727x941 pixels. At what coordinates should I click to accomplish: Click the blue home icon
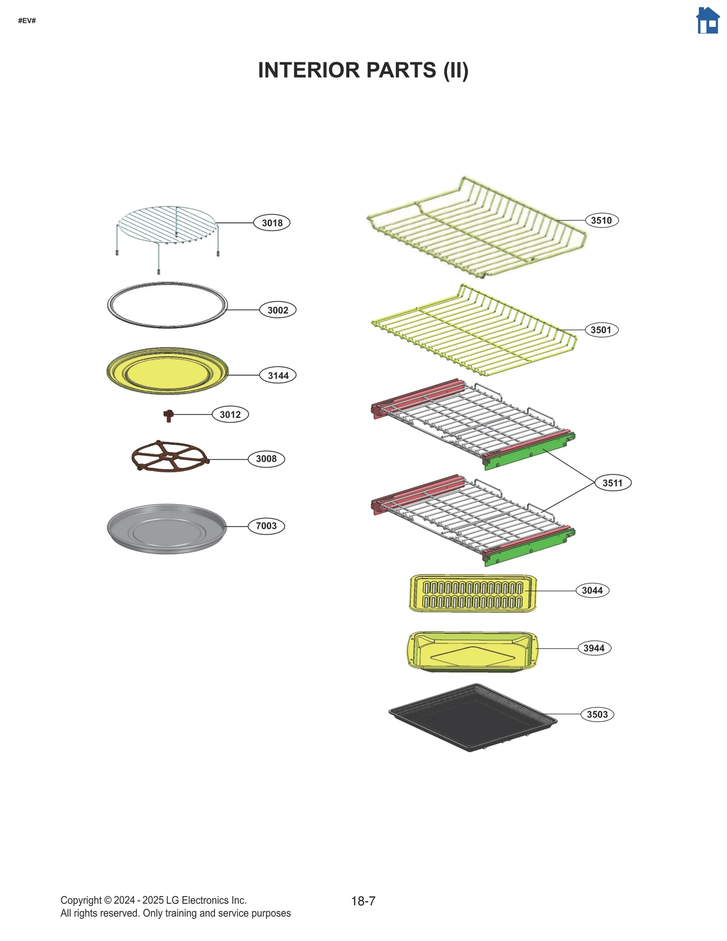tap(707, 20)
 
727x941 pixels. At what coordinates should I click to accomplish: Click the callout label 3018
tap(272, 223)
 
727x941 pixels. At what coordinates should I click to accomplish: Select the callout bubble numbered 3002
tap(278, 310)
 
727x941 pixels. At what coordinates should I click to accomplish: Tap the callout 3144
tap(278, 375)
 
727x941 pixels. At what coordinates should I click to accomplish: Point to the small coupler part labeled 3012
tap(169, 415)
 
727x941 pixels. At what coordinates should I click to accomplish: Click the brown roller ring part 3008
tap(169, 457)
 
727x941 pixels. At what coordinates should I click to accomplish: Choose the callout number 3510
tap(601, 220)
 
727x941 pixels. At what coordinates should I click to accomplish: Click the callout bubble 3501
tap(601, 330)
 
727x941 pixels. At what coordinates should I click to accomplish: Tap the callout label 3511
tap(612, 483)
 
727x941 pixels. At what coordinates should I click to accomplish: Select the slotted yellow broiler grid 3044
tap(473, 593)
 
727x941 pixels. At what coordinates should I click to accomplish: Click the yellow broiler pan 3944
tap(473, 652)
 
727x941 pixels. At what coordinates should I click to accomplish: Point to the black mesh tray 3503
tap(473, 717)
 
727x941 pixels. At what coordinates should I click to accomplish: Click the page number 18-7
tap(363, 901)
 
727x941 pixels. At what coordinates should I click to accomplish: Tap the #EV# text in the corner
tap(27, 21)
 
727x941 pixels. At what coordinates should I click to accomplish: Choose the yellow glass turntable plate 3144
tap(167, 371)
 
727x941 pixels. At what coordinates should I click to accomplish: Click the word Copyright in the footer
tap(81, 900)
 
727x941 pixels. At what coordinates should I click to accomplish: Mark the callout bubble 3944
tap(594, 648)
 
